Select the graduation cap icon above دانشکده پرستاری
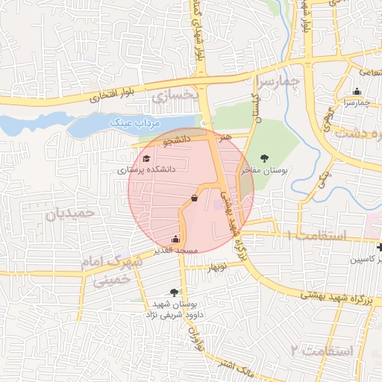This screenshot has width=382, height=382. pyautogui.click(x=146, y=159)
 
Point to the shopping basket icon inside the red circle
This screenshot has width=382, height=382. pyautogui.click(x=195, y=198)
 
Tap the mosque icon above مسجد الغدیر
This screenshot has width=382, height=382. pyautogui.click(x=175, y=239)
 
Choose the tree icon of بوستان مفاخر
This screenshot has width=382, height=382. pyautogui.click(x=264, y=158)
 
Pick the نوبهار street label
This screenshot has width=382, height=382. pyautogui.click(x=216, y=267)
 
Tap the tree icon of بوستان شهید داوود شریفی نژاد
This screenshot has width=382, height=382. pyautogui.click(x=175, y=292)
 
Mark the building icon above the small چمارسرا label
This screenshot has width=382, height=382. pyautogui.click(x=357, y=92)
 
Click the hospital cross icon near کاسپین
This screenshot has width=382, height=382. pyautogui.click(x=380, y=247)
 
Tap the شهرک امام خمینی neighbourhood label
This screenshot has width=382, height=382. pyautogui.click(x=106, y=270)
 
